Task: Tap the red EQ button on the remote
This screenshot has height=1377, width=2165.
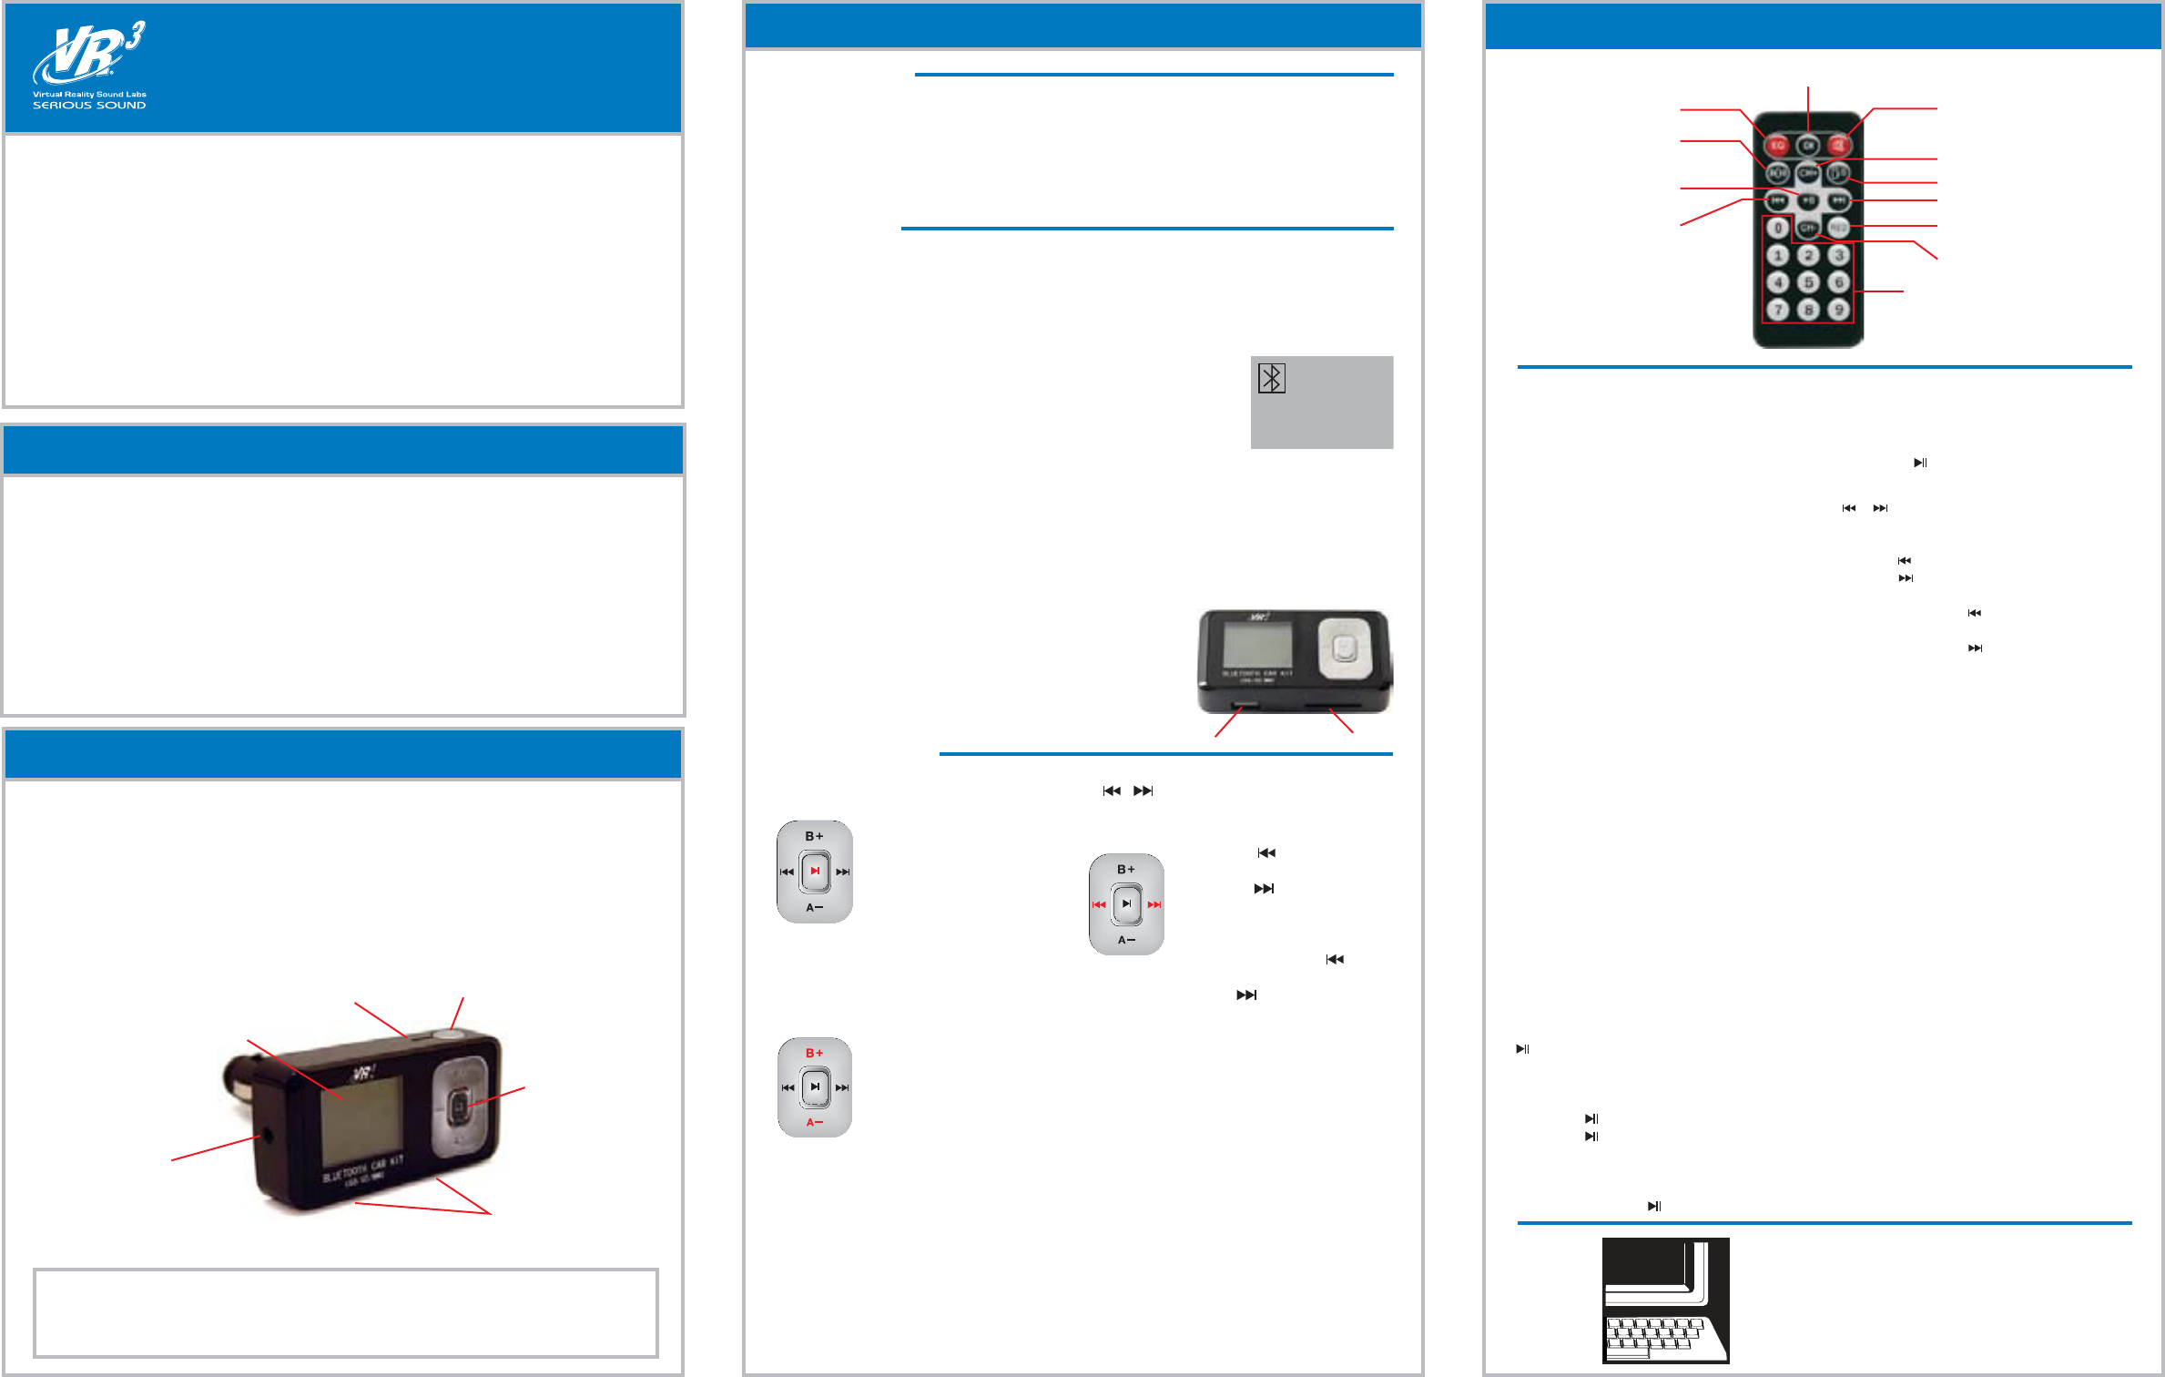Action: pyautogui.click(x=1776, y=146)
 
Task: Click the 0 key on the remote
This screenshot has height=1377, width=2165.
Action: pyautogui.click(x=1777, y=228)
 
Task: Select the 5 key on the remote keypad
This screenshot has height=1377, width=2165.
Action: pyautogui.click(x=1808, y=282)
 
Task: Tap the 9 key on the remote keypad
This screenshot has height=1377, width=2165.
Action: pyautogui.click(x=1838, y=310)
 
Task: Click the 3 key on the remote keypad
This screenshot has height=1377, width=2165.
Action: pyautogui.click(x=1838, y=255)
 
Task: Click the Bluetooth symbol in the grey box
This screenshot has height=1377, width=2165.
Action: pyautogui.click(x=1271, y=378)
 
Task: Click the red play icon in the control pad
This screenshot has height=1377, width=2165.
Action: pyautogui.click(x=815, y=872)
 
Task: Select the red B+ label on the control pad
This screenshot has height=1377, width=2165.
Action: pyautogui.click(x=814, y=1054)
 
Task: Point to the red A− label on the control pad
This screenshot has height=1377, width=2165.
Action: pyautogui.click(x=814, y=1123)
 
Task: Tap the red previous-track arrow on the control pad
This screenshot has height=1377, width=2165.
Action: pyautogui.click(x=1099, y=905)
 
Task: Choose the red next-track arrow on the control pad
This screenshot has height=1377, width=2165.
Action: pyautogui.click(x=1154, y=905)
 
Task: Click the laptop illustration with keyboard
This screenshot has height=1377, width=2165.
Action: pyautogui.click(x=1665, y=1300)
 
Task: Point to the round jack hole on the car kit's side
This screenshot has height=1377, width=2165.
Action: pyautogui.click(x=265, y=1137)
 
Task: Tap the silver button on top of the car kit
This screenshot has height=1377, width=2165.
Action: pyautogui.click(x=449, y=1035)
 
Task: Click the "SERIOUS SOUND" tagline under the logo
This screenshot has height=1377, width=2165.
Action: pyautogui.click(x=89, y=106)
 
